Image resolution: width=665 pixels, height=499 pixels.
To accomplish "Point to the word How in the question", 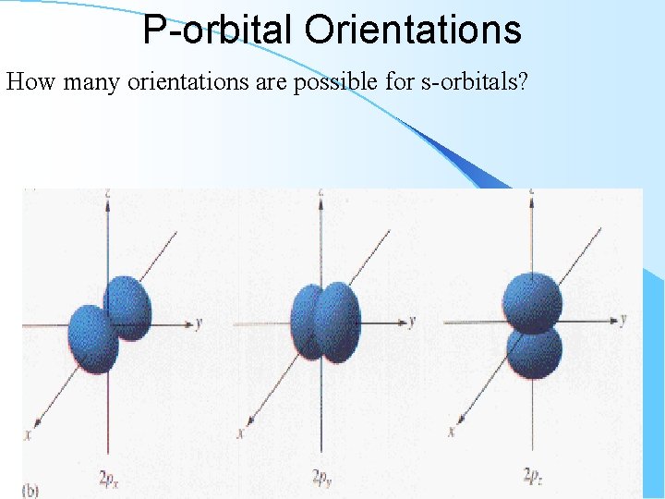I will coord(27,82).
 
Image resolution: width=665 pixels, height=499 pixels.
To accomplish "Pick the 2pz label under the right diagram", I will coord(534,477).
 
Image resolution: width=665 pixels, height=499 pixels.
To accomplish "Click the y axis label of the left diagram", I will coord(199,323).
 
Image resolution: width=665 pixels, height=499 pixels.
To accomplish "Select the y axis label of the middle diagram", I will coord(412,322).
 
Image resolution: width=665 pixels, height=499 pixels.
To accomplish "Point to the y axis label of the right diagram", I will coord(623,320).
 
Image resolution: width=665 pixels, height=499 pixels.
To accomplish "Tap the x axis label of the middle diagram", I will coord(241,432).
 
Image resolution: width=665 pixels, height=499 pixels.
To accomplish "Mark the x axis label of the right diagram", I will coord(452,431).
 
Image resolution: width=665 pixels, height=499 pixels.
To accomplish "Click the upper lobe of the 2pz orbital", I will coord(533,300).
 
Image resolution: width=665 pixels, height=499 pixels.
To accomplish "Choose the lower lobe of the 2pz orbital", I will coord(535,353).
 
